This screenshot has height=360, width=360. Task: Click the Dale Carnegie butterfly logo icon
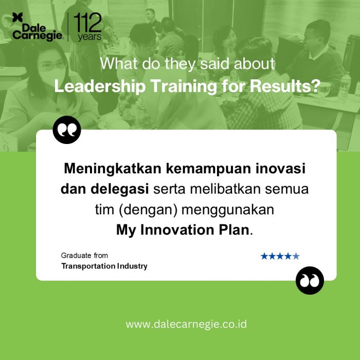[x=17, y=17]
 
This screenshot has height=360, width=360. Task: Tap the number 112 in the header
[x=87, y=22]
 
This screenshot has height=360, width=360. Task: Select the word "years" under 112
[x=89, y=37]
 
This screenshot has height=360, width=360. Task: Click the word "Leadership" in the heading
[x=100, y=86]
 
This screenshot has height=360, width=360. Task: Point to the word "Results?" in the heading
[x=285, y=86]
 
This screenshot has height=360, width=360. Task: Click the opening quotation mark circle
[x=67, y=130]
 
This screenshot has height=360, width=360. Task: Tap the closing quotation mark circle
[x=310, y=280]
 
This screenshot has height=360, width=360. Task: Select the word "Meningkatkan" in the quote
[x=113, y=169]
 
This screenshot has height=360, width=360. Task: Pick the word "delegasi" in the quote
[x=120, y=189]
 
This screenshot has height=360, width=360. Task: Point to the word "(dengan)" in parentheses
[x=148, y=210]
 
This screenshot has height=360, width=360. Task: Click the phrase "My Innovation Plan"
[x=183, y=230]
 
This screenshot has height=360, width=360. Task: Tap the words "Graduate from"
[x=84, y=256]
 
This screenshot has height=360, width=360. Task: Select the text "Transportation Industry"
[x=104, y=266]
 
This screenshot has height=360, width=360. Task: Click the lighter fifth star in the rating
[x=296, y=256]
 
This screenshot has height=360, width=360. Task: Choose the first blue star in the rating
[x=264, y=256]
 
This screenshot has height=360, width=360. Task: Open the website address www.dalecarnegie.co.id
[x=186, y=325]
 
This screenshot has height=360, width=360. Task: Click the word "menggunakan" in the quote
[x=228, y=210]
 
